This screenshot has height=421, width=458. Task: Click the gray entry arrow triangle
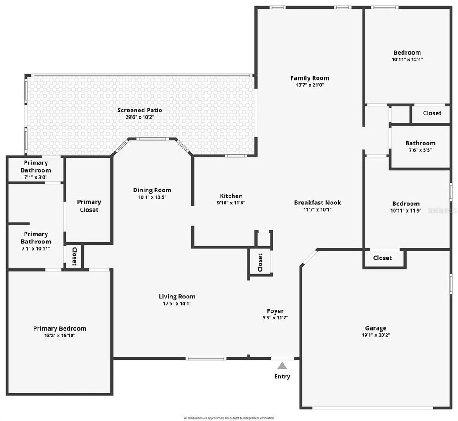(x=282, y=366)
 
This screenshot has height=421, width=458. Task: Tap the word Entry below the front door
(x=282, y=377)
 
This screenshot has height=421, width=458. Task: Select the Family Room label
(x=310, y=78)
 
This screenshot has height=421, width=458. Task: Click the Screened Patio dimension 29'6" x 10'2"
(x=140, y=117)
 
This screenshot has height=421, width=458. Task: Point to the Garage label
(x=376, y=328)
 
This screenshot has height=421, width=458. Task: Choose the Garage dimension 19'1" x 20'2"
(x=376, y=335)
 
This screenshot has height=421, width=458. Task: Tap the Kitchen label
(x=231, y=196)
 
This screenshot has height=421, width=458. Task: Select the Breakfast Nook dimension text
(x=318, y=209)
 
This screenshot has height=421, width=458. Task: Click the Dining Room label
(x=152, y=190)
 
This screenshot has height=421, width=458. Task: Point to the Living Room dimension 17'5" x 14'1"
(x=177, y=303)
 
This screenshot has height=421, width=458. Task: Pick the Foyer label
(x=275, y=311)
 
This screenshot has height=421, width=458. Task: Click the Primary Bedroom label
(x=59, y=328)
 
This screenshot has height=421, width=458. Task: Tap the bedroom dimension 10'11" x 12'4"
(x=407, y=60)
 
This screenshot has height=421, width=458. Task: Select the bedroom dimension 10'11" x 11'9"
(x=406, y=211)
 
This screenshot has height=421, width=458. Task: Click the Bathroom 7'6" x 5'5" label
(x=420, y=143)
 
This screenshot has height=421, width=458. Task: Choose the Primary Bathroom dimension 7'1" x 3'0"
(x=35, y=177)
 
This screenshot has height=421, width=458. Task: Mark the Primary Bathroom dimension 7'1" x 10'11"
(x=36, y=249)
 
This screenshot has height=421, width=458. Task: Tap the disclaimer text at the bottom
(x=229, y=418)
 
